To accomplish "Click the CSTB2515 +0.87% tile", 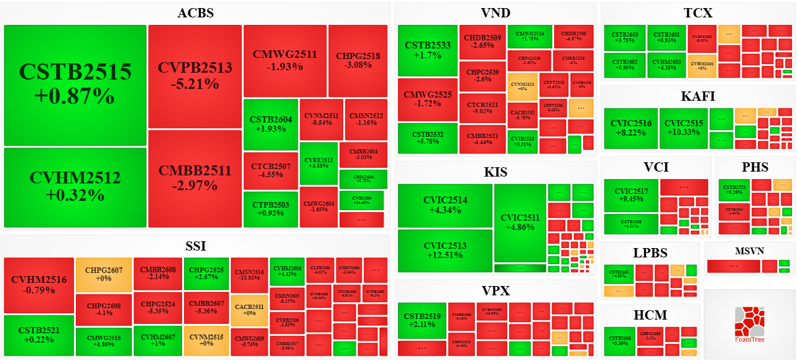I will pos(75,85).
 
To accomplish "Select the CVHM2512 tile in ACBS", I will pos(75,187).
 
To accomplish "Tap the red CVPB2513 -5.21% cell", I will pos(195,76).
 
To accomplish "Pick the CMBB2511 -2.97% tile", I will pos(195,178).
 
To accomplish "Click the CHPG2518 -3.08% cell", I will pos(358,60).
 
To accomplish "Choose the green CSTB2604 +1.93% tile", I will pos(270,124).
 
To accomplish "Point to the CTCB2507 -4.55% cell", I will pos(270,171).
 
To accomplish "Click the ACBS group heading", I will pos(195,13).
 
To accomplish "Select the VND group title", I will pos(495,13).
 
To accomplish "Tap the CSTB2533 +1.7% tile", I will pos(427,50).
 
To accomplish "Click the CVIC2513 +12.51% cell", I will pos(445,251).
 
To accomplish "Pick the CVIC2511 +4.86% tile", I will pos(520,223).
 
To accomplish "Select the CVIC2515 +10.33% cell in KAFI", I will pos(683,128).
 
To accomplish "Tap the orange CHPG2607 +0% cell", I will pos(104,275).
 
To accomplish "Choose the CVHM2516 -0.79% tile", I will pos(39,285).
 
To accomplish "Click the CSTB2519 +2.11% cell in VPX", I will pos(422,321).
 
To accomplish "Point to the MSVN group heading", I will pos(749,251).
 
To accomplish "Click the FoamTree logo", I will pos(749,324).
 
